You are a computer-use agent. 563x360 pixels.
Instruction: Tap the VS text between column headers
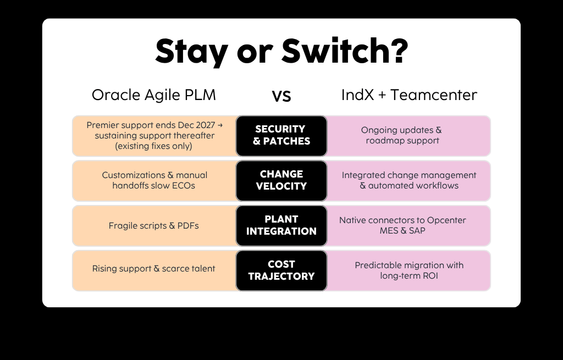coord(281,96)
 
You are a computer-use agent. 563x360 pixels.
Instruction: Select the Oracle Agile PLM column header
coord(153,95)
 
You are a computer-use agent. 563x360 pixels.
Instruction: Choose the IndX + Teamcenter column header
coord(409,95)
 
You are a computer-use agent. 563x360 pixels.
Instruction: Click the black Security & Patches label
coord(281,135)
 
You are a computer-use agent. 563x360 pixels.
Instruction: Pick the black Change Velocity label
coord(281,180)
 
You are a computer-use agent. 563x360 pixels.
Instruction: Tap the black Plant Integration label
coord(281,225)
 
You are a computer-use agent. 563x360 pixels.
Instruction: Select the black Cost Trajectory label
coord(281,270)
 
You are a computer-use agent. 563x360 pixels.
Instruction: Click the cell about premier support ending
coord(154,135)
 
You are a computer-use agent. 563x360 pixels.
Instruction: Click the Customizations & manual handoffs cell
coord(154,180)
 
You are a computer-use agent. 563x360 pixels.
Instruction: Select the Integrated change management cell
coord(409,180)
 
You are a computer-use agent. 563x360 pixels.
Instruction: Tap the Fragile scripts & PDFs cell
coord(154,225)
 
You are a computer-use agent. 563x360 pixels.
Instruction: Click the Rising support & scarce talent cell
coord(153,269)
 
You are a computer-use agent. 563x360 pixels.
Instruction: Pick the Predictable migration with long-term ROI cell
coord(409,270)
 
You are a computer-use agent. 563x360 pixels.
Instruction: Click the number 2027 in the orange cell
coord(203,125)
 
